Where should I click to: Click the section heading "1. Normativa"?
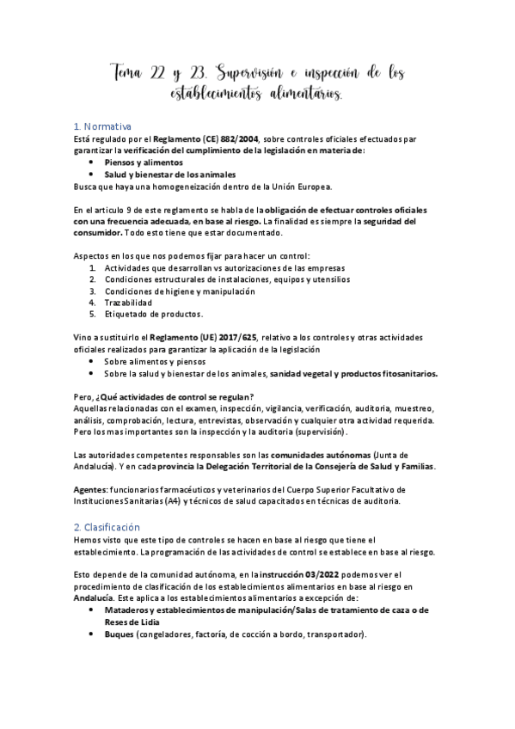pos(103,126)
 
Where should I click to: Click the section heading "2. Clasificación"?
pos(107,526)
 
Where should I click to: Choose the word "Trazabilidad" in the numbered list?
pos(129,303)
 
